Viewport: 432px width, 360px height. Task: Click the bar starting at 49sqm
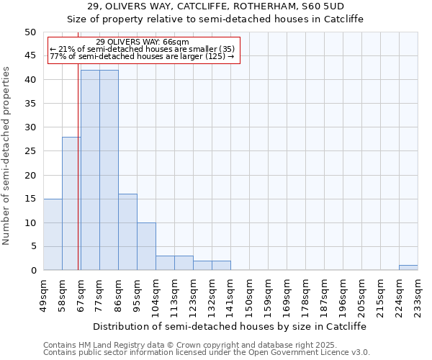click(x=53, y=235)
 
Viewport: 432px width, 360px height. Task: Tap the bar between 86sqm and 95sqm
click(x=127, y=232)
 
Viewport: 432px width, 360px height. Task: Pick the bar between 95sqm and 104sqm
click(x=146, y=246)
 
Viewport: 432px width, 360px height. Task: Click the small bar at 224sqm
click(x=408, y=268)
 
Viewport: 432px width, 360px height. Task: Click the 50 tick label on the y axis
click(x=30, y=32)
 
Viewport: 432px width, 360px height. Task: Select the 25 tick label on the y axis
click(x=30, y=151)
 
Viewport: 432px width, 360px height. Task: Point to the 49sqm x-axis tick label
click(x=43, y=293)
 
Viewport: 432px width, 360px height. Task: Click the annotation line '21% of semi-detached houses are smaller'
click(x=142, y=49)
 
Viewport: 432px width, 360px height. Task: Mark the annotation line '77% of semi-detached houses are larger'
click(x=142, y=56)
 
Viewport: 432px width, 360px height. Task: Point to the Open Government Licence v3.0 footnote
click(x=206, y=353)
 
